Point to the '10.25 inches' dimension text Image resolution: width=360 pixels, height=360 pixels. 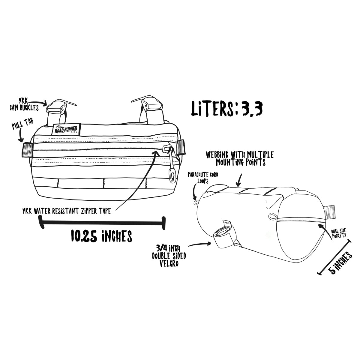(101, 236)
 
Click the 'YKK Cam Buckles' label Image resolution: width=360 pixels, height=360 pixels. (24, 105)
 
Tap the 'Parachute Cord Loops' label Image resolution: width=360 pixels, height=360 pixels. (203, 178)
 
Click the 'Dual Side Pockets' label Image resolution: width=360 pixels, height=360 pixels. (339, 234)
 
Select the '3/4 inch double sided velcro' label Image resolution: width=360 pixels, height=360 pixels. (169, 256)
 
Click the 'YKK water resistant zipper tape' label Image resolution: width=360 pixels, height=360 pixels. (67, 211)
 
